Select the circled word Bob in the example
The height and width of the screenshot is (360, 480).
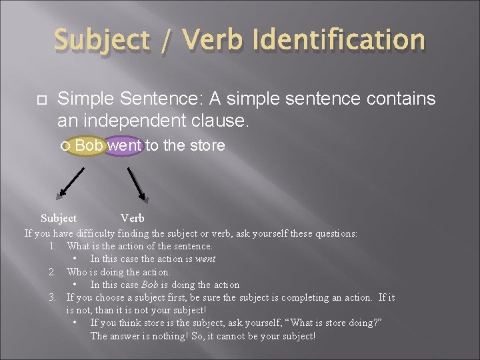[89, 145]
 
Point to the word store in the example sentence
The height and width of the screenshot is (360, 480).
[205, 145]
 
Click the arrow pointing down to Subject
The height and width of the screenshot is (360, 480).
[71, 181]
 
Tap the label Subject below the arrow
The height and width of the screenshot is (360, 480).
[59, 218]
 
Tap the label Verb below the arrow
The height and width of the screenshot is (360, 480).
[132, 218]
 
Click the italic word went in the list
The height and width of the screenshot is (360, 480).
[205, 259]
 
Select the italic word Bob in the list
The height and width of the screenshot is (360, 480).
[150, 285]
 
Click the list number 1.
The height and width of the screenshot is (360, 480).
[52, 246]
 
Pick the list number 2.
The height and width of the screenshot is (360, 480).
[52, 272]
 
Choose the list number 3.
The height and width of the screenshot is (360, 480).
[52, 297]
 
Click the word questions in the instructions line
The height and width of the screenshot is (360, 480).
[335, 233]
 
